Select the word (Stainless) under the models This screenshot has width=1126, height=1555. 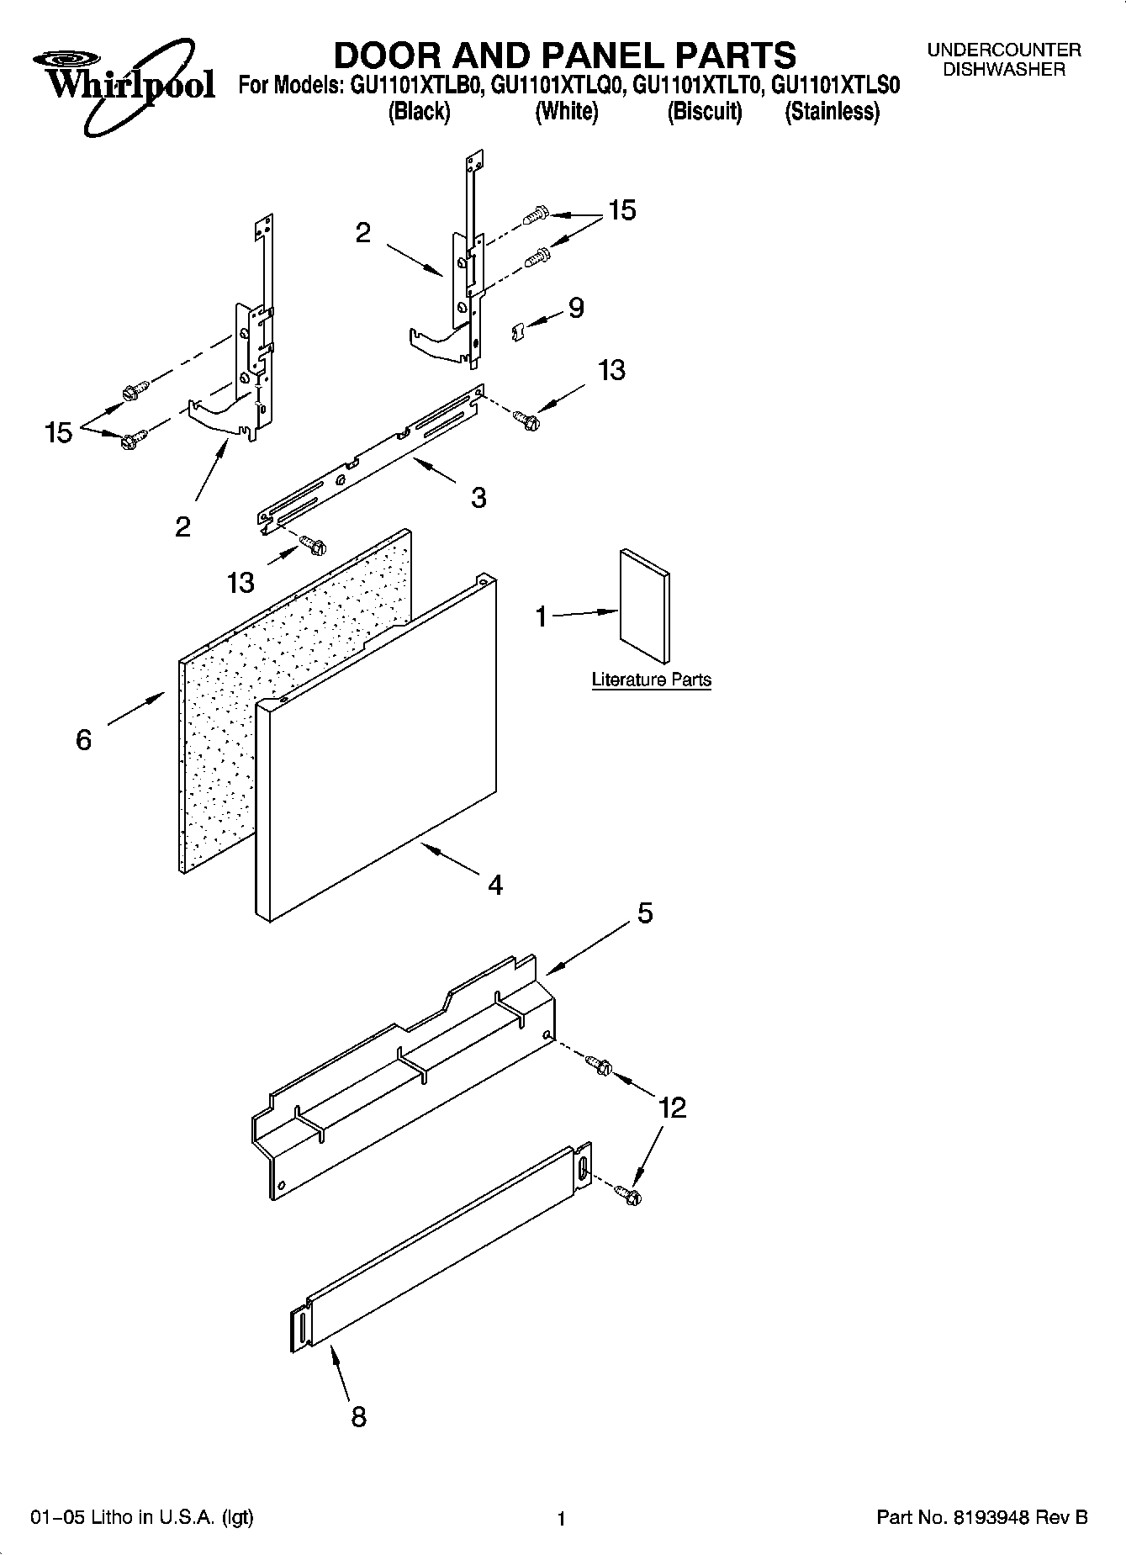click(832, 112)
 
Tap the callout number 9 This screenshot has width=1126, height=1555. click(576, 308)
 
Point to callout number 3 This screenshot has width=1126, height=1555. click(478, 498)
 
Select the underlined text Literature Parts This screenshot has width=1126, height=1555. click(651, 680)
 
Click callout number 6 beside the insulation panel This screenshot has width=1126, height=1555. click(83, 740)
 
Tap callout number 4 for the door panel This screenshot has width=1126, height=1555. click(495, 885)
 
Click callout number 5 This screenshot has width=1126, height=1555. click(645, 913)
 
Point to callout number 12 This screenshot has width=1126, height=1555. click(673, 1108)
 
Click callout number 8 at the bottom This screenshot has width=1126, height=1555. click(358, 1417)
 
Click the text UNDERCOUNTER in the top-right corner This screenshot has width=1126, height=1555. click(1004, 50)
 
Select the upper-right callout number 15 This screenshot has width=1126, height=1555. click(622, 210)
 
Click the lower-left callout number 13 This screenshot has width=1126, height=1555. click(241, 582)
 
